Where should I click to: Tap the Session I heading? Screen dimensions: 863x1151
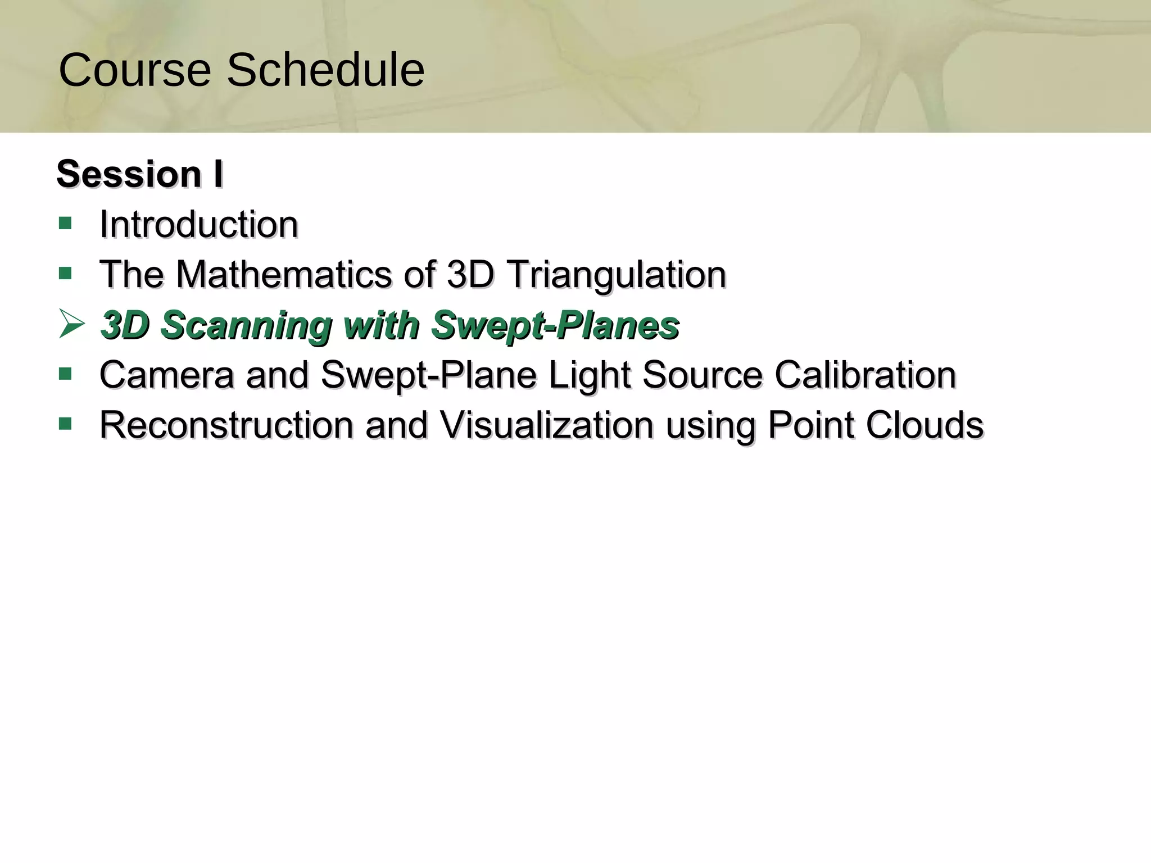(140, 174)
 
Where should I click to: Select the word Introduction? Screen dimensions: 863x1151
(198, 224)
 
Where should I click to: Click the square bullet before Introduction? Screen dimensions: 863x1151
(65, 224)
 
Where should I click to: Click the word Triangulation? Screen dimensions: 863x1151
(617, 275)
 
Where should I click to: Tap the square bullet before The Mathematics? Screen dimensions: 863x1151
(65, 274)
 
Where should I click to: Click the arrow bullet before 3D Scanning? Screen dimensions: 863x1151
(71, 324)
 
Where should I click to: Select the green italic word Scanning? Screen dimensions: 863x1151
(246, 325)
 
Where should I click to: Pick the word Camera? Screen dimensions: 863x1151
(167, 375)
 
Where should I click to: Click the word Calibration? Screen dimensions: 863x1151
(865, 375)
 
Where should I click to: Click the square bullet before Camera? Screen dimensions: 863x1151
(65, 374)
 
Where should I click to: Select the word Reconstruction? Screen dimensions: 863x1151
(226, 425)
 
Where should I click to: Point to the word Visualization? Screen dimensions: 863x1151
(546, 425)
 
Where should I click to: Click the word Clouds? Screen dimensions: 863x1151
(925, 425)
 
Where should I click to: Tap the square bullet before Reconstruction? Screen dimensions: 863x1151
(65, 424)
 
